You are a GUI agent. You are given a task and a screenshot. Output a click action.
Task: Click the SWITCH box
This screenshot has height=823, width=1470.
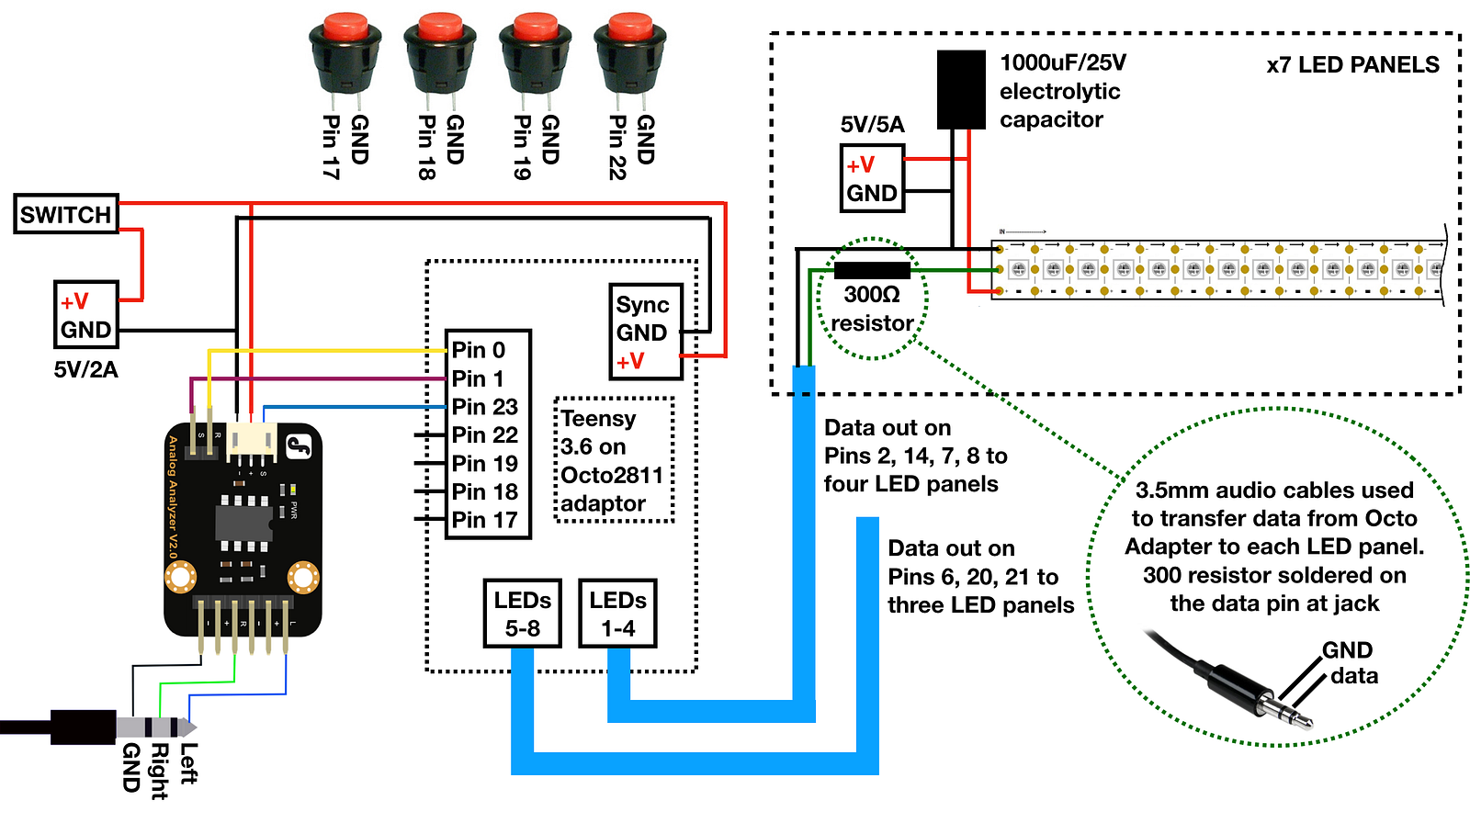click(65, 214)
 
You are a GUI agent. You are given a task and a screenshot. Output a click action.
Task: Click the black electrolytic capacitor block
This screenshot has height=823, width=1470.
click(961, 89)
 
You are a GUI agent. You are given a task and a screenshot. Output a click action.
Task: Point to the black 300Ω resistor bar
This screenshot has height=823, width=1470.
click(871, 270)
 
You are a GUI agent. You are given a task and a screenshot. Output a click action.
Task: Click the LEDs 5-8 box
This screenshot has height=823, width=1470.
click(522, 614)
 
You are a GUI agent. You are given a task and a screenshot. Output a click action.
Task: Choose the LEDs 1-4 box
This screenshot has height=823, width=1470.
click(617, 614)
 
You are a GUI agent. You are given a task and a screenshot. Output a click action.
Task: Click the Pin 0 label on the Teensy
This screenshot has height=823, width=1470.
click(479, 350)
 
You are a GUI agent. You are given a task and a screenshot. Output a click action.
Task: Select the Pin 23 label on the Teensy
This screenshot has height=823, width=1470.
click(485, 407)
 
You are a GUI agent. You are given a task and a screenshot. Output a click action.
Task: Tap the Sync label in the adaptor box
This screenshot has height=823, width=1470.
click(642, 305)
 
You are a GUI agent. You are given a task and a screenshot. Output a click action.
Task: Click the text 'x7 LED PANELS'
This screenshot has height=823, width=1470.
click(1352, 65)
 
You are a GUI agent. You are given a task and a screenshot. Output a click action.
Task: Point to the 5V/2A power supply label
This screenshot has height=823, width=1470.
click(85, 370)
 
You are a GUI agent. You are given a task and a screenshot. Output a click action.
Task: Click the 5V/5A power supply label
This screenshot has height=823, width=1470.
click(872, 125)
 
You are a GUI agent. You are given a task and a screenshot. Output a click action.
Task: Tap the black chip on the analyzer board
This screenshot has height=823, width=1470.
click(244, 522)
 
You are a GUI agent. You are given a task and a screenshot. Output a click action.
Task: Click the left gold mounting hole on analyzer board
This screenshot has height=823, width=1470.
click(181, 578)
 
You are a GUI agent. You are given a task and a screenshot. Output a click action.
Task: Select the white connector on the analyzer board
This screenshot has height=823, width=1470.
click(252, 441)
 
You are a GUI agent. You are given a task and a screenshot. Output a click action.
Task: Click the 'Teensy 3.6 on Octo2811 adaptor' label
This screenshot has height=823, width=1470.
click(613, 461)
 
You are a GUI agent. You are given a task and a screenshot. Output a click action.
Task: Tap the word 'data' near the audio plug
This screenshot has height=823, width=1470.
click(1354, 676)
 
